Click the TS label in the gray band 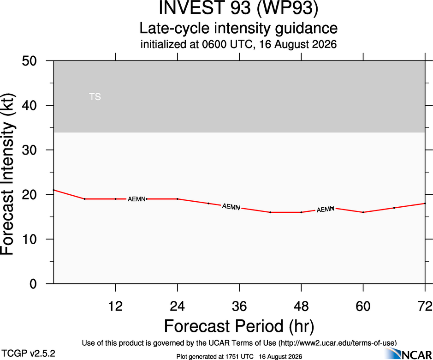point(95,97)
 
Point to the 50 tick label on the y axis point(29,61)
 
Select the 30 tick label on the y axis point(29,150)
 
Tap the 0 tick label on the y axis point(33,284)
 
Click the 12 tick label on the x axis point(115,306)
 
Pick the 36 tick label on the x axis point(239,306)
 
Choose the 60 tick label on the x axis point(363,306)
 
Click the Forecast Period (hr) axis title point(239,326)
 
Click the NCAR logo point(409,354)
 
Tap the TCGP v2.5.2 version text point(28,354)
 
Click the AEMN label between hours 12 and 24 point(136,199)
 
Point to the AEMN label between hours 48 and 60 point(325,210)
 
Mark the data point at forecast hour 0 point(53,190)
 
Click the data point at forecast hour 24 point(177,199)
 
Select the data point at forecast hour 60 point(363,212)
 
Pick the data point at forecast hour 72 point(425,204)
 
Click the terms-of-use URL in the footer point(338,343)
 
